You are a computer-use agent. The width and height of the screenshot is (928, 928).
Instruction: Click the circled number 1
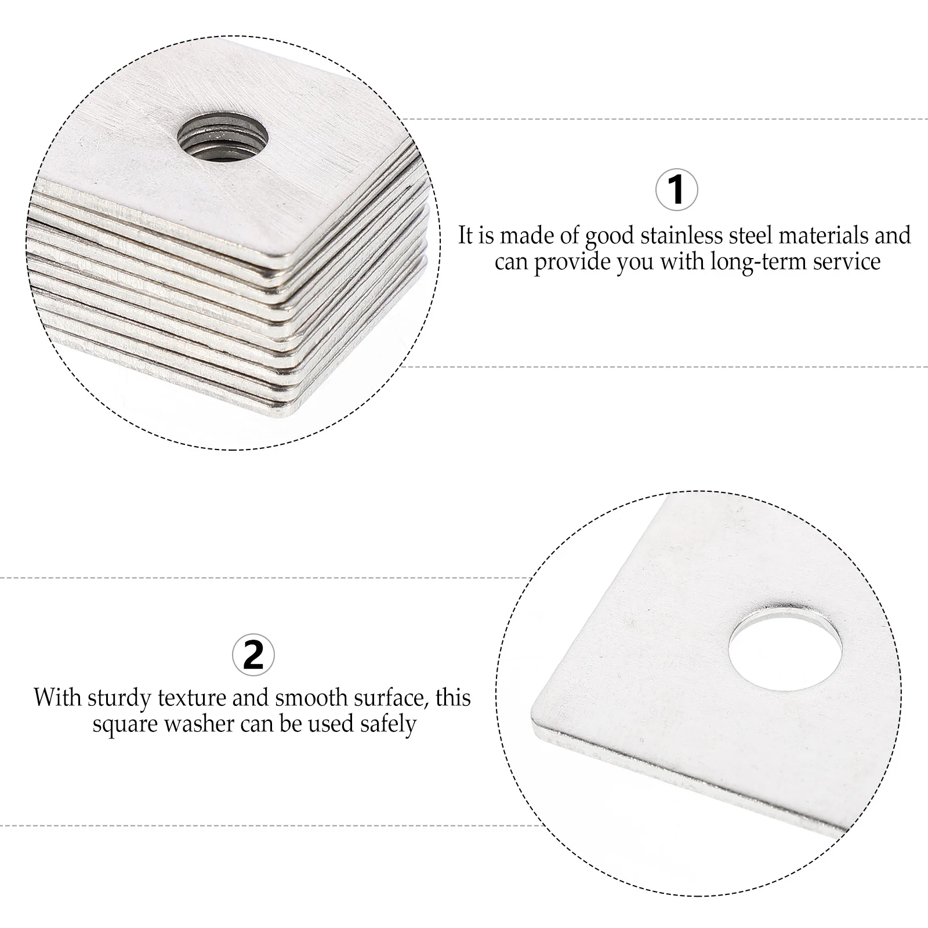click(x=676, y=190)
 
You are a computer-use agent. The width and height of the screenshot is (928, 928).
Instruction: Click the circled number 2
click(x=253, y=655)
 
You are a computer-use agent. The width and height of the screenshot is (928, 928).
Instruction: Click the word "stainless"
click(x=676, y=235)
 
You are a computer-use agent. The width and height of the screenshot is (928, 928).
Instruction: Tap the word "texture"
click(x=193, y=697)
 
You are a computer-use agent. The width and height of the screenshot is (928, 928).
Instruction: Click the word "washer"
click(x=200, y=724)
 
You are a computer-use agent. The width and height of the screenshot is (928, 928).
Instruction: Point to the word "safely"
click(x=388, y=724)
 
